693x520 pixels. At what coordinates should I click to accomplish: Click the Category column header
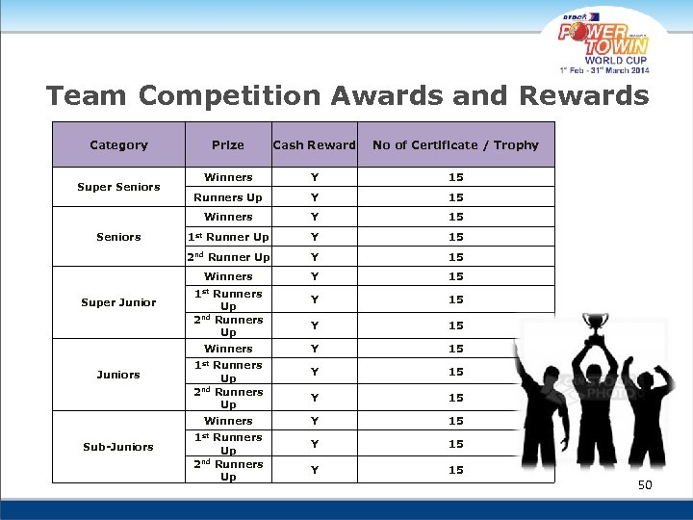pyautogui.click(x=118, y=145)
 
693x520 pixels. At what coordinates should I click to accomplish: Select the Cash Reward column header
pyautogui.click(x=314, y=145)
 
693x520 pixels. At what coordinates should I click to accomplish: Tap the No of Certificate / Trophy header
pyautogui.click(x=455, y=145)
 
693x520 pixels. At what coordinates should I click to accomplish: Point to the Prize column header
pyautogui.click(x=228, y=145)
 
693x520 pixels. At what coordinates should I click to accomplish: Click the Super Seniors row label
pyautogui.click(x=118, y=187)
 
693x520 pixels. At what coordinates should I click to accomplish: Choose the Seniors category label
pyautogui.click(x=118, y=237)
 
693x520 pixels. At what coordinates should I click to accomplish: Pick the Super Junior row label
pyautogui.click(x=118, y=302)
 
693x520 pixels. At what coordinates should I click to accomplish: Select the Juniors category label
pyautogui.click(x=118, y=375)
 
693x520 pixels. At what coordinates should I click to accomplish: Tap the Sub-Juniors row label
pyautogui.click(x=118, y=447)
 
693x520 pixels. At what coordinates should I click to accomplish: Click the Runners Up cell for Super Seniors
pyautogui.click(x=228, y=197)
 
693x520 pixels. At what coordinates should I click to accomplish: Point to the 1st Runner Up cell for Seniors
pyautogui.click(x=228, y=237)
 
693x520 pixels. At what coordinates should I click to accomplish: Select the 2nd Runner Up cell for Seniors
pyautogui.click(x=228, y=257)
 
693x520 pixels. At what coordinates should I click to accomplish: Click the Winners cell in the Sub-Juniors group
pyautogui.click(x=228, y=421)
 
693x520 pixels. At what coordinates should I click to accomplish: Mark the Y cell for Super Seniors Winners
pyautogui.click(x=314, y=177)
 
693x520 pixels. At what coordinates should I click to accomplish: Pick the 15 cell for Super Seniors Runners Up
pyautogui.click(x=455, y=197)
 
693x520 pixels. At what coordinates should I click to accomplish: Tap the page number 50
pyautogui.click(x=645, y=485)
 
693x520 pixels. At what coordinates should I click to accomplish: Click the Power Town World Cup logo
pyautogui.click(x=604, y=43)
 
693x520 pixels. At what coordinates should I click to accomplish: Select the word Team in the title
pyautogui.click(x=87, y=96)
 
